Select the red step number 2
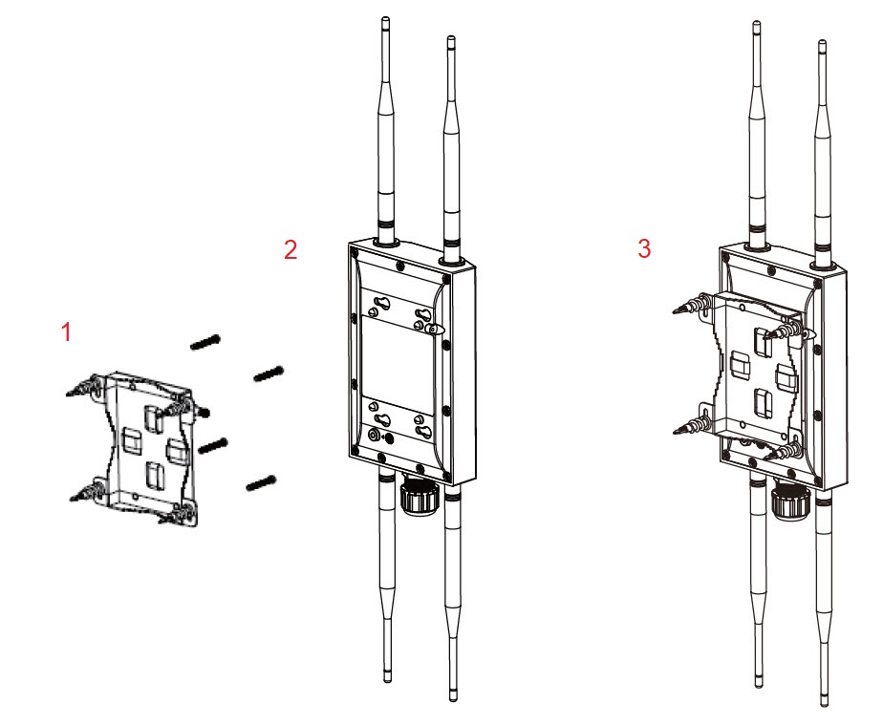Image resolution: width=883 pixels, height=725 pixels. (x=291, y=249)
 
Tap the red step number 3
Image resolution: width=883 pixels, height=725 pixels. (x=644, y=248)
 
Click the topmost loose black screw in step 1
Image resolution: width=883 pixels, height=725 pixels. (x=205, y=341)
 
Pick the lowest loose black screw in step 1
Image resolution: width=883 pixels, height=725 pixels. (x=260, y=483)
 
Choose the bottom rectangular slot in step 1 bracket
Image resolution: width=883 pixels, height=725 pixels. (x=153, y=475)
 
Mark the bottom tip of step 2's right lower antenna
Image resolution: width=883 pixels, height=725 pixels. (x=451, y=696)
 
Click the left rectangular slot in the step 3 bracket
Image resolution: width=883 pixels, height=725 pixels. (x=739, y=363)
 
